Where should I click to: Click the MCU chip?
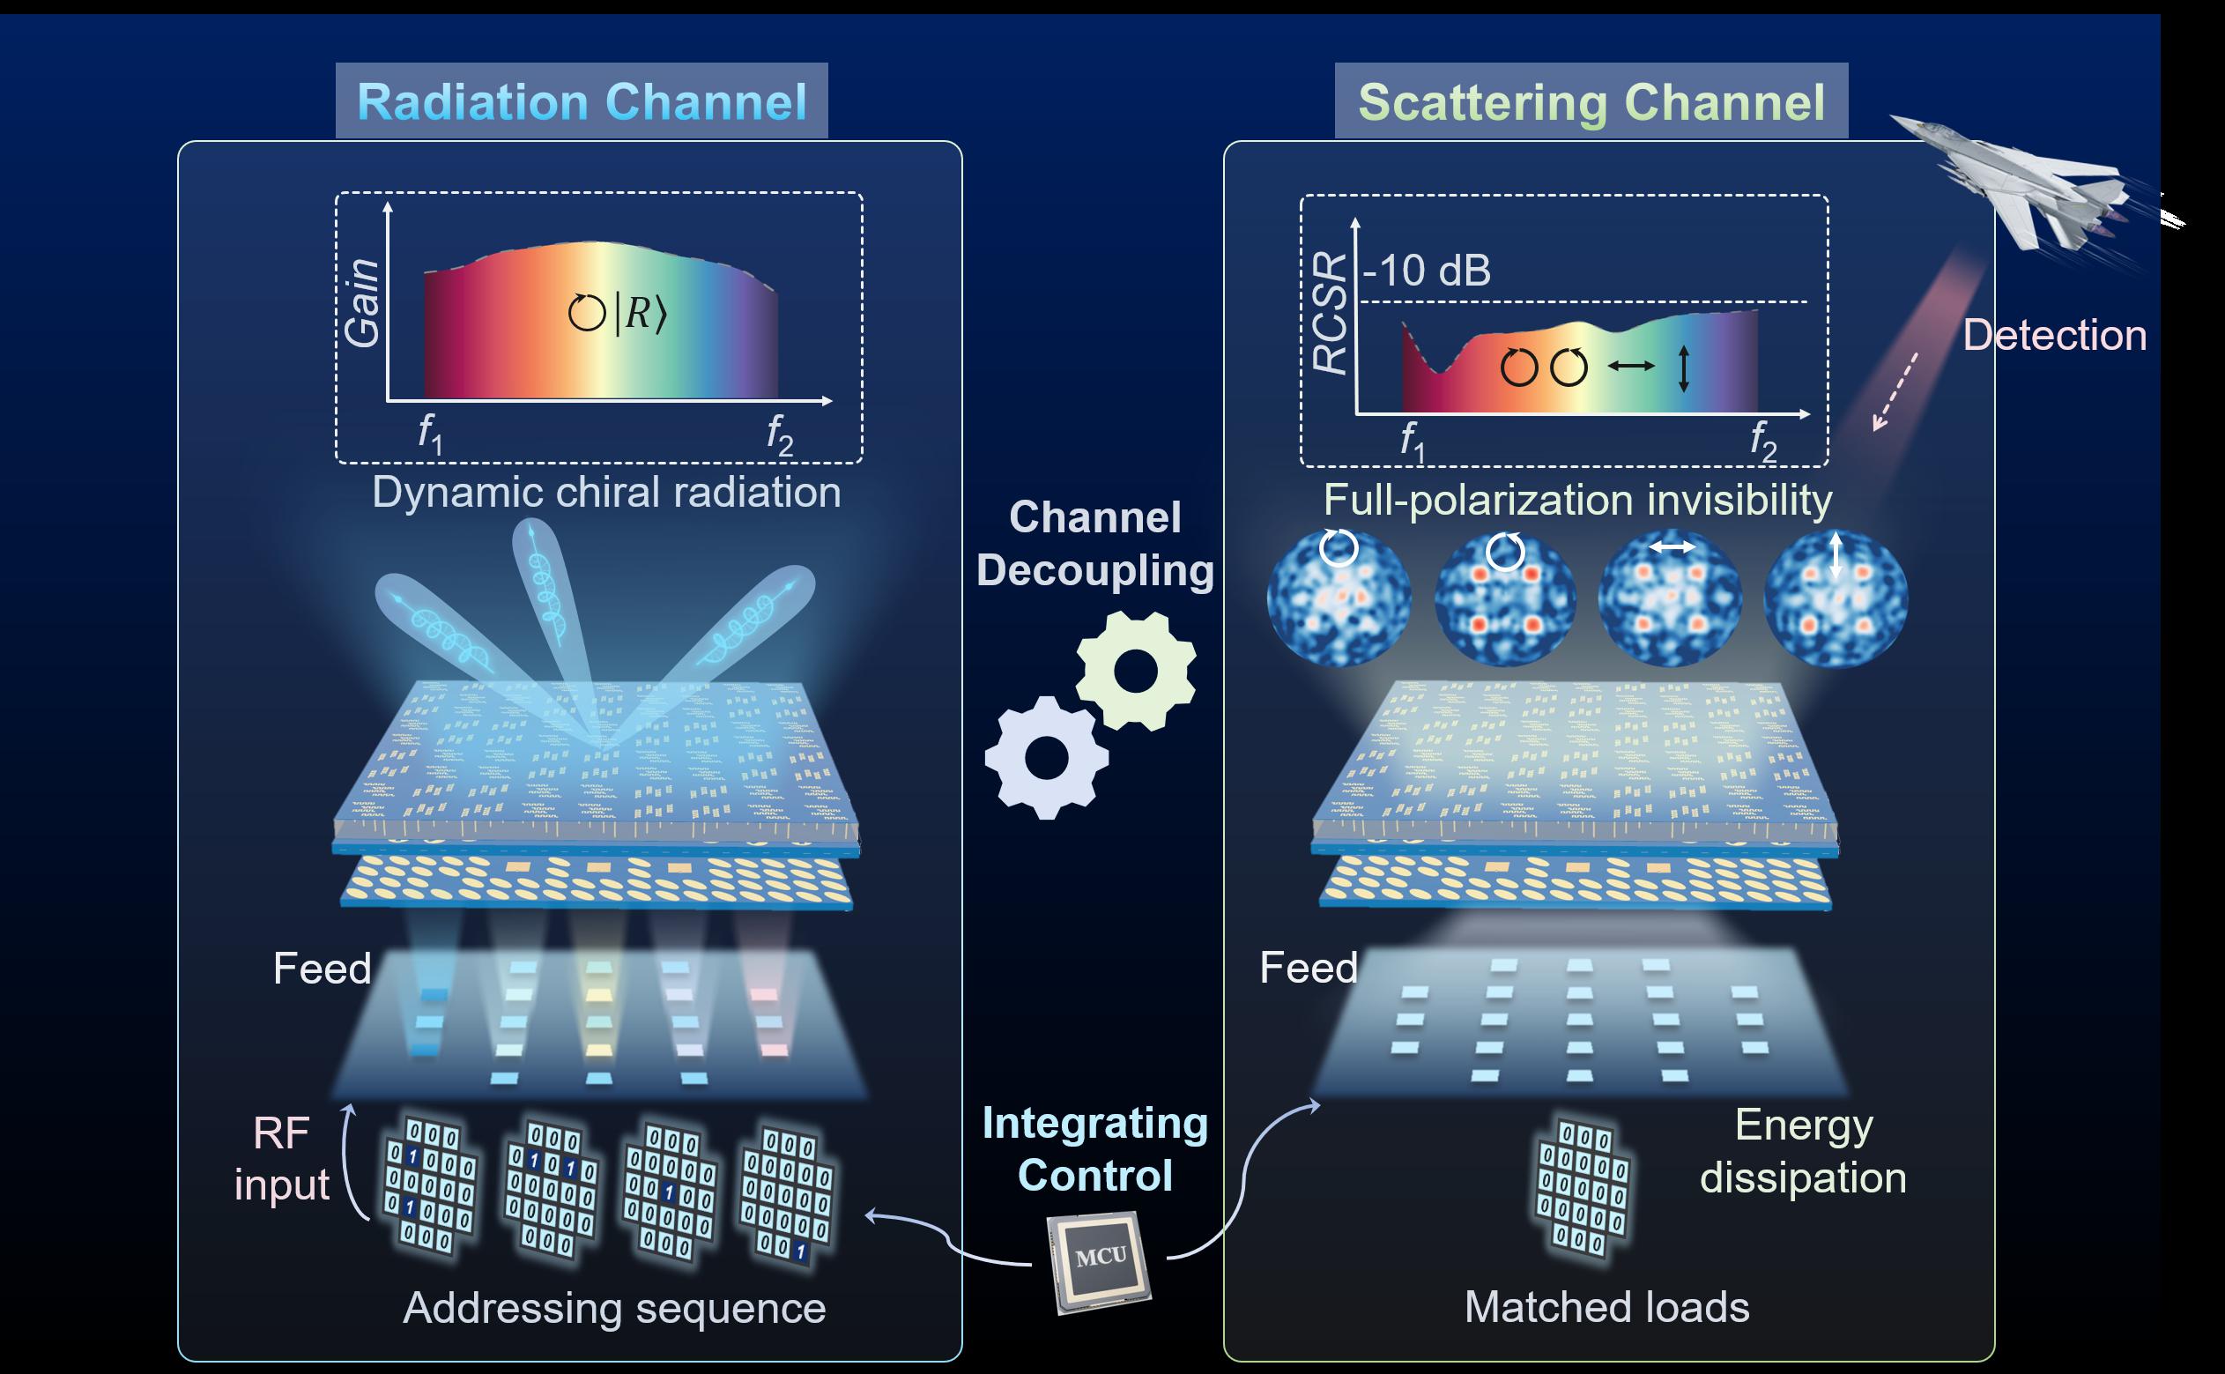tap(1101, 1259)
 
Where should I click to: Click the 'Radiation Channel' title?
tap(582, 100)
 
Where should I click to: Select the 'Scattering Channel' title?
tap(1591, 100)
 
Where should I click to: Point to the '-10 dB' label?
tap(1427, 270)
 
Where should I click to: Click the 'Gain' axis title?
tap(362, 302)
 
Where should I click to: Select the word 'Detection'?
tap(2054, 335)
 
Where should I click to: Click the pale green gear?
tap(1136, 671)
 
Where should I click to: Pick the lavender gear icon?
tap(1047, 757)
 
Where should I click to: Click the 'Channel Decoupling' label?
tap(1094, 544)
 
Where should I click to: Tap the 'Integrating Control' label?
tap(1094, 1149)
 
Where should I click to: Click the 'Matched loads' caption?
tap(1606, 1307)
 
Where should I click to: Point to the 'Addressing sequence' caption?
tap(614, 1308)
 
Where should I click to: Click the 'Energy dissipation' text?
tap(1803, 1151)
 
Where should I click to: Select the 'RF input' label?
tap(282, 1159)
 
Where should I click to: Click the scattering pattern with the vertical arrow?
tap(1836, 598)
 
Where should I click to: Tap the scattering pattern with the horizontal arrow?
tap(1670, 598)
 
